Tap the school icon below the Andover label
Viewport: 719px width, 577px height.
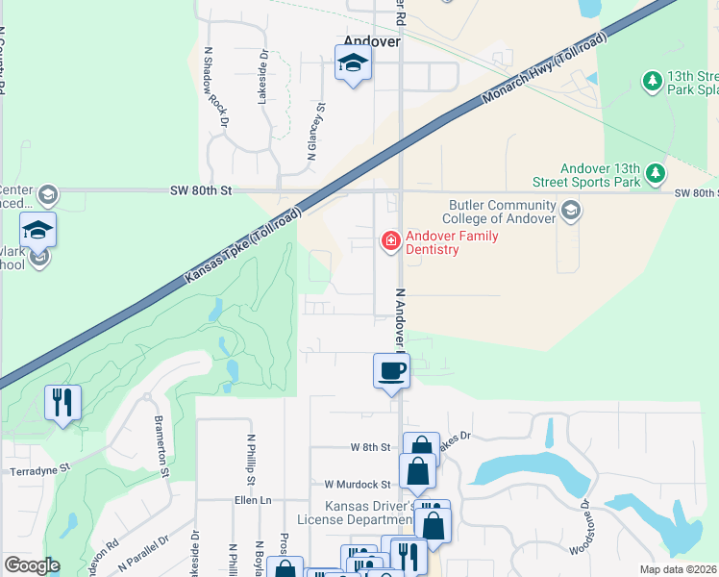(x=353, y=64)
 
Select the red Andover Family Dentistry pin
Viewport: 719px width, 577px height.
(x=391, y=239)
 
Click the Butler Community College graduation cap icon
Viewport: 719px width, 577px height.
(x=570, y=210)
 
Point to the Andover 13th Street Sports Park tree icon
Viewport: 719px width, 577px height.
(x=656, y=173)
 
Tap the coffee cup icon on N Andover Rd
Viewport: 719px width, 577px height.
(x=391, y=370)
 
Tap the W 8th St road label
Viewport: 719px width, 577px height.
(x=371, y=447)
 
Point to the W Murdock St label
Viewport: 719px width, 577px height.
(x=358, y=485)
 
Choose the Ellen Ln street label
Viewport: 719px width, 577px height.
(x=253, y=500)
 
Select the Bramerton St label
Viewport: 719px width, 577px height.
(x=161, y=447)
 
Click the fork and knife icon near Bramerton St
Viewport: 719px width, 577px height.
(x=62, y=403)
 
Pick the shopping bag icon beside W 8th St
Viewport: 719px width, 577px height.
(x=421, y=449)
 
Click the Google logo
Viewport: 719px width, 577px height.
(x=32, y=565)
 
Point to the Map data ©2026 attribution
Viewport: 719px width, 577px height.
(x=679, y=569)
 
